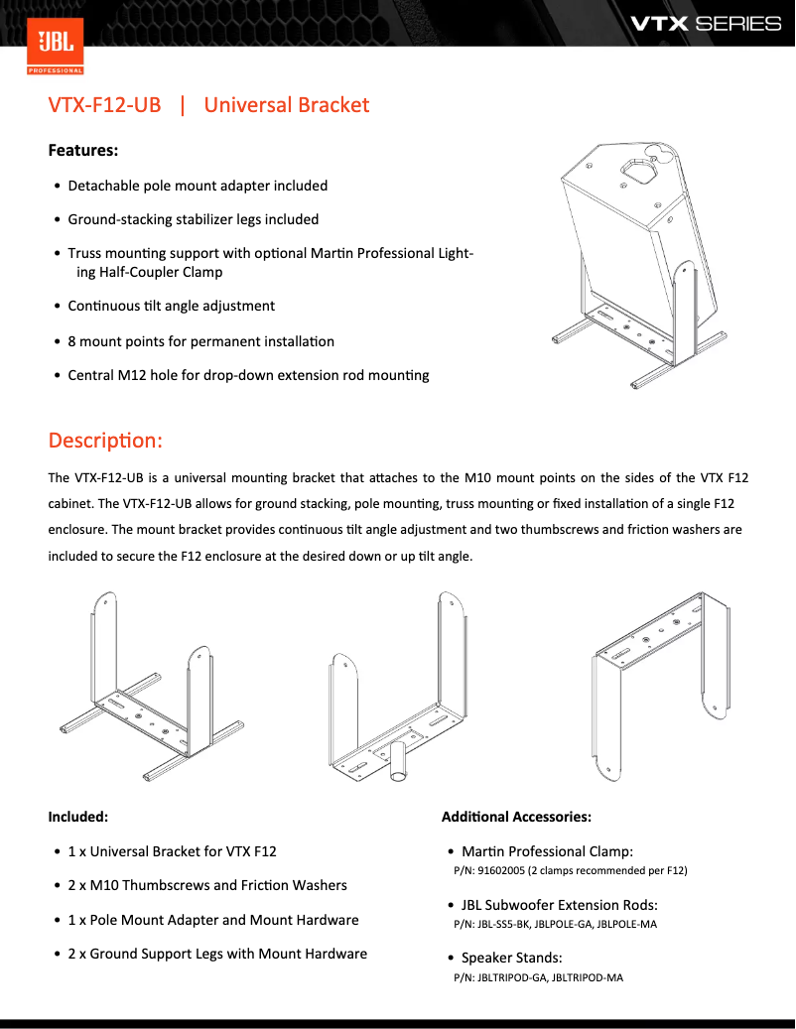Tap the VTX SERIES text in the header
[706, 23]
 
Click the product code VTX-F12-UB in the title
[104, 105]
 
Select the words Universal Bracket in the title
[286, 105]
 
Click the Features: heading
[83, 151]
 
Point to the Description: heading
[105, 440]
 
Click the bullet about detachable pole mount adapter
[197, 186]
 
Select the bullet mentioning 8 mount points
[200, 341]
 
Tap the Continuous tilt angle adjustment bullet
[171, 306]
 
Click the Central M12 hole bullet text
[248, 375]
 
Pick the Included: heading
[77, 817]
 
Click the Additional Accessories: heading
[516, 817]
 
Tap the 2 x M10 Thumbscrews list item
[206, 885]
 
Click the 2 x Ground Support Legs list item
[216, 954]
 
